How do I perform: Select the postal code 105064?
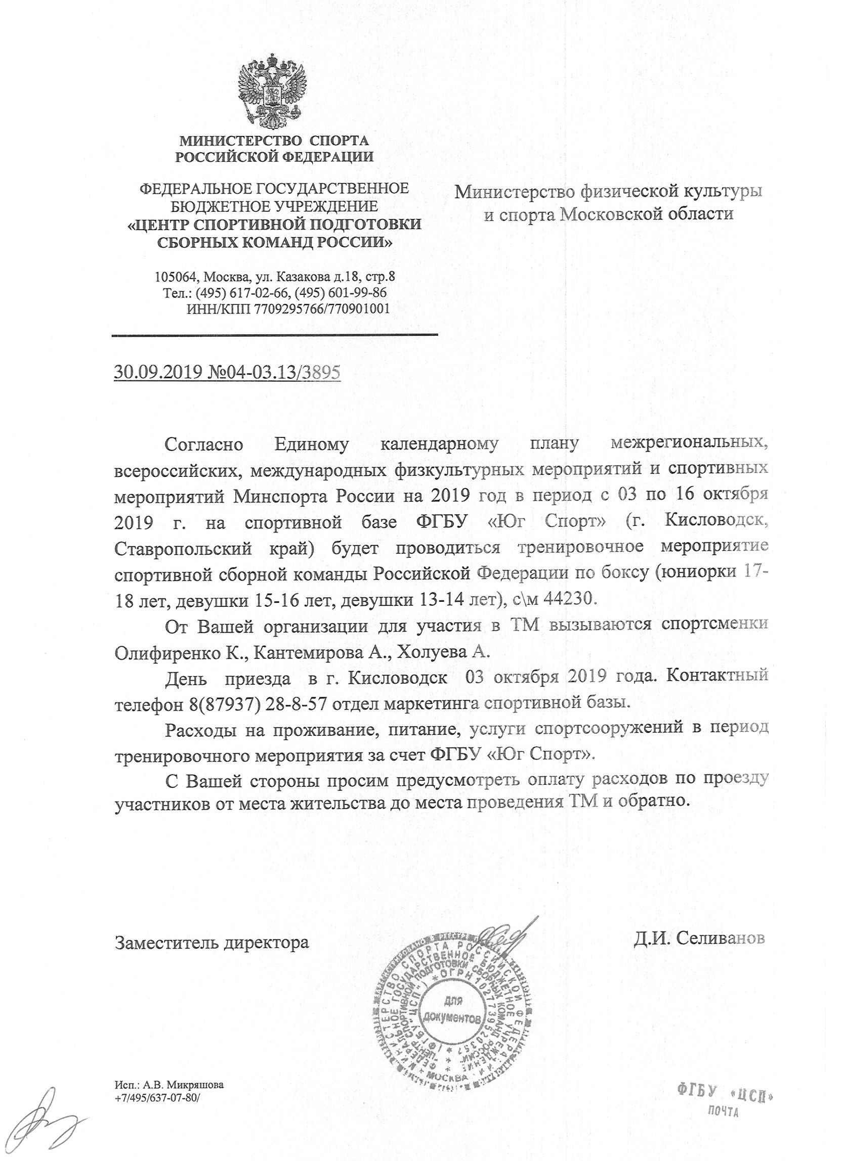(176, 277)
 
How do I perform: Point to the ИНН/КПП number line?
(288, 308)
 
